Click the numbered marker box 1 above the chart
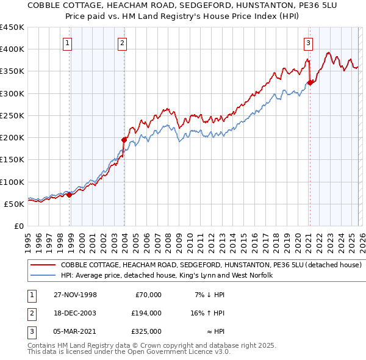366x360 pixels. coord(66,43)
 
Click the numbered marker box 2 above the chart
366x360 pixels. coord(122,43)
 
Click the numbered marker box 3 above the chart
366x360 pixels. coord(309,43)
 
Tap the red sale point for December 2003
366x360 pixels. coord(124,140)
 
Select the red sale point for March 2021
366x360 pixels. coord(310,82)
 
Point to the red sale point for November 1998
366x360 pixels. coord(70,195)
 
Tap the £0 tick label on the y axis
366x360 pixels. coord(19,226)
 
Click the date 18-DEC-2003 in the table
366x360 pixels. coord(74,313)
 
